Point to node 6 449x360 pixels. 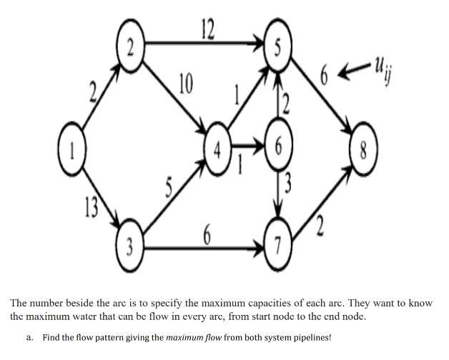(279, 151)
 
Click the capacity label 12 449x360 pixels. (207, 29)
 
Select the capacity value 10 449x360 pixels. (184, 84)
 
